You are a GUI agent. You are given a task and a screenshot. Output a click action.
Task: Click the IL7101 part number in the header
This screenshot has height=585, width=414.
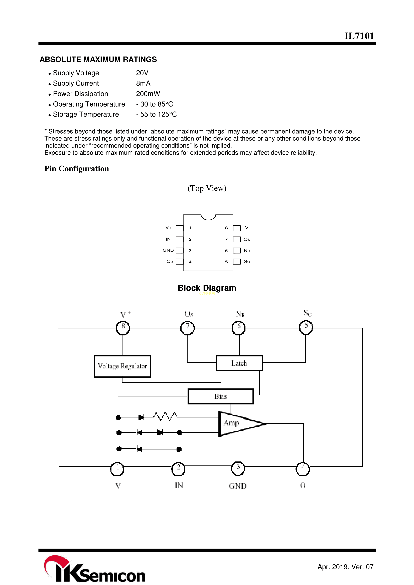click(x=359, y=36)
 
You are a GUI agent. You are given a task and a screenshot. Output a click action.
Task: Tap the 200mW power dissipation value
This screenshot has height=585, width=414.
click(x=148, y=94)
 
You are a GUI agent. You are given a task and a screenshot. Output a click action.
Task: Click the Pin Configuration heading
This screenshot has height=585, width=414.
click(x=77, y=169)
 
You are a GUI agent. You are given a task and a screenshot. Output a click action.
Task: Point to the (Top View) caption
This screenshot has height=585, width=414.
click(x=207, y=188)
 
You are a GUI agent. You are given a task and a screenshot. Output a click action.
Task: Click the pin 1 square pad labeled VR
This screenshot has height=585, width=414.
click(x=180, y=228)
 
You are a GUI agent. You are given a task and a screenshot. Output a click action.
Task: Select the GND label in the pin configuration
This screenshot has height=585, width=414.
click(x=168, y=250)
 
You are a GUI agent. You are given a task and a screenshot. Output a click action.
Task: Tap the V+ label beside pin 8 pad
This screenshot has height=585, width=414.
click(x=248, y=228)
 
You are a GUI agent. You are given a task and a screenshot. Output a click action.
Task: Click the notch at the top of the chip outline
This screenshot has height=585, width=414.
click(x=208, y=217)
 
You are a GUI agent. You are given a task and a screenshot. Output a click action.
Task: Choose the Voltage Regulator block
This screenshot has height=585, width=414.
click(x=122, y=366)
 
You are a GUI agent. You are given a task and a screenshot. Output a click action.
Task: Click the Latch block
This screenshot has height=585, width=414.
click(x=239, y=363)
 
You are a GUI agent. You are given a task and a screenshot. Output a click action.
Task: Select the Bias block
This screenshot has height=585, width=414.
click(x=220, y=396)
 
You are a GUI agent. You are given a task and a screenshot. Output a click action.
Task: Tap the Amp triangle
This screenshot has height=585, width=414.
click(x=237, y=423)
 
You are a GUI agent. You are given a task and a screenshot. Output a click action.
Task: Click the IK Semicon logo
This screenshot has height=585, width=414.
click(x=94, y=569)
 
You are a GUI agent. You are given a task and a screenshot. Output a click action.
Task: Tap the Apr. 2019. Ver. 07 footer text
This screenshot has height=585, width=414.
click(x=345, y=567)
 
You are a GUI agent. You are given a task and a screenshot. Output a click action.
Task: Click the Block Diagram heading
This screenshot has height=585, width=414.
click(x=207, y=288)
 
